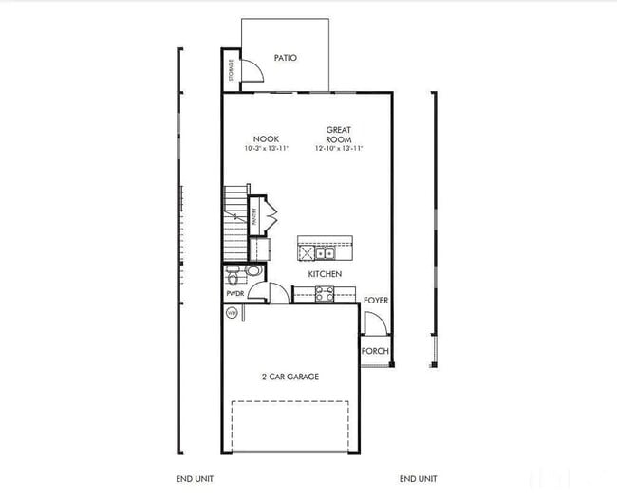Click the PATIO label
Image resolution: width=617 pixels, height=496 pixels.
click(285, 58)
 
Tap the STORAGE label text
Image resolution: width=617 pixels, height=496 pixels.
click(231, 69)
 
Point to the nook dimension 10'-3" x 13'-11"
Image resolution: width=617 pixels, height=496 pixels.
click(266, 149)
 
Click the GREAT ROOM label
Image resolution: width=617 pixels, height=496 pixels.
click(339, 134)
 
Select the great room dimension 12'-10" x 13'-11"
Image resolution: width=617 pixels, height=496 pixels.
click(339, 149)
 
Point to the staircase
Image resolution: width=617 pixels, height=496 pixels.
click(234, 223)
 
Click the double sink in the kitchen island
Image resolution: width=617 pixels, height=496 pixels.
click(325, 253)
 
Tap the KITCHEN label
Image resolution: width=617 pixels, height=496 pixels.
click(325, 274)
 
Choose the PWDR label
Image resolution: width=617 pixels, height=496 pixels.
click(235, 294)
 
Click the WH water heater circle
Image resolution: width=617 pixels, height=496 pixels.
click(231, 312)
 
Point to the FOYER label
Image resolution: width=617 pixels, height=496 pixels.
click(376, 301)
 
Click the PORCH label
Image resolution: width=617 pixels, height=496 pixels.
click(375, 351)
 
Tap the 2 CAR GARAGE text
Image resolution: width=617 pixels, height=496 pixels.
click(290, 377)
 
